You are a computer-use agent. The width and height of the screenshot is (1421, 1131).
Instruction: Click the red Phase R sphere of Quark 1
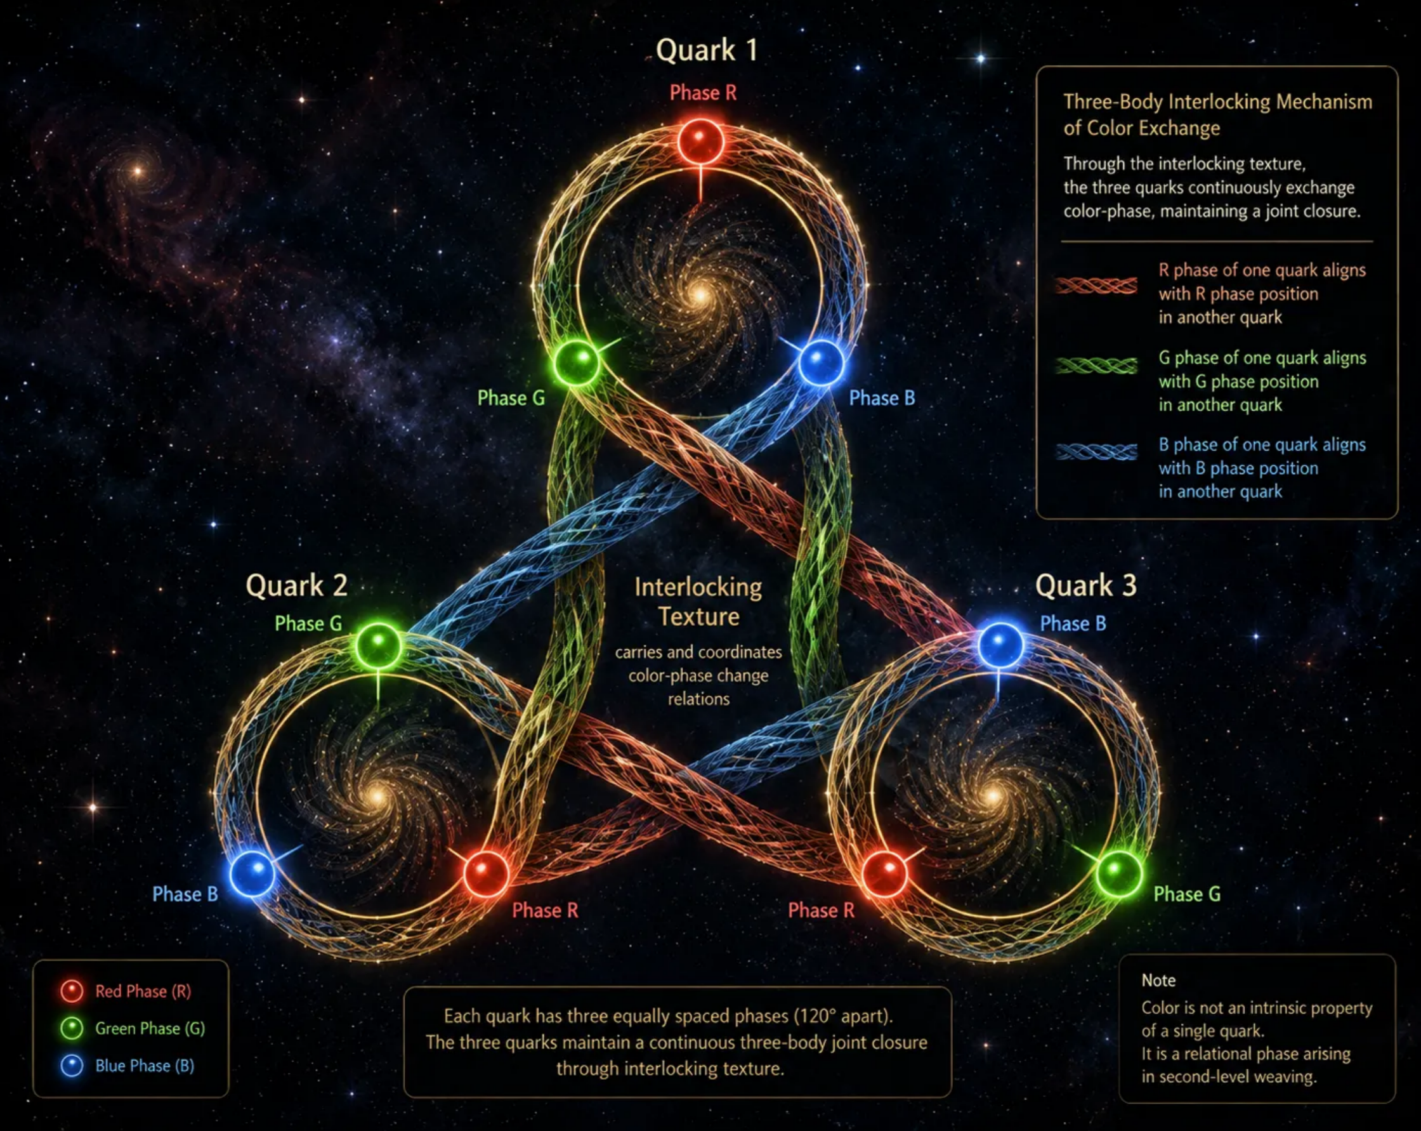point(700,141)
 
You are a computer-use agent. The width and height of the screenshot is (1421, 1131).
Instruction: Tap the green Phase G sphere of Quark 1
point(577,362)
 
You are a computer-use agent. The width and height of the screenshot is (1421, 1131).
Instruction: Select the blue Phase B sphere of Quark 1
point(821,362)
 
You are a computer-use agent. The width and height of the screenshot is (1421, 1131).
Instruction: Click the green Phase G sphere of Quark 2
point(378,645)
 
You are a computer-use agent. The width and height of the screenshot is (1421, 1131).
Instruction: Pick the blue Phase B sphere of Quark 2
point(252,873)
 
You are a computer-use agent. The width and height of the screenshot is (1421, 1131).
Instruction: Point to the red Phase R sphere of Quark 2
point(487,873)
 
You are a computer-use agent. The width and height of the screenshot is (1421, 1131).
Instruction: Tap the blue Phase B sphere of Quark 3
point(1000,645)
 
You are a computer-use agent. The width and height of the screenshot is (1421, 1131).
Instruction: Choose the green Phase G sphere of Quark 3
point(1118,873)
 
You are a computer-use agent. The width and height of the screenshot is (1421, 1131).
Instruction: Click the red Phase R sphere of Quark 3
point(885,873)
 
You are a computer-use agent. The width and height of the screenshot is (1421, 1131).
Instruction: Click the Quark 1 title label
point(707,51)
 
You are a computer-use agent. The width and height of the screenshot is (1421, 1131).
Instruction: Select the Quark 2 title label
point(297,586)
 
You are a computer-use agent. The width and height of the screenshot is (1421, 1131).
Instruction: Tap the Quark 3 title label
point(1085,586)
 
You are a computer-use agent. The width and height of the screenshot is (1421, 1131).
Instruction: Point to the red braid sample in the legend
point(1096,285)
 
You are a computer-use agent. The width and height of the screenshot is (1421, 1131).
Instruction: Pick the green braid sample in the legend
point(1096,366)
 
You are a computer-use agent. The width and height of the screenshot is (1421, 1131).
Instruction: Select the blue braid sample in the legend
point(1096,452)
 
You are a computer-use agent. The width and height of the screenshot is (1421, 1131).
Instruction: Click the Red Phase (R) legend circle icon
point(72,991)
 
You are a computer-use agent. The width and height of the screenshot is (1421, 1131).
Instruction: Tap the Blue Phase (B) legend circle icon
point(72,1066)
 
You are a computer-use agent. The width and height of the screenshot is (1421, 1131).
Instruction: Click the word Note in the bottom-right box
point(1158,981)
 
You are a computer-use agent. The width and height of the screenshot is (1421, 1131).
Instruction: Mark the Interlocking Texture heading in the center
point(698,602)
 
